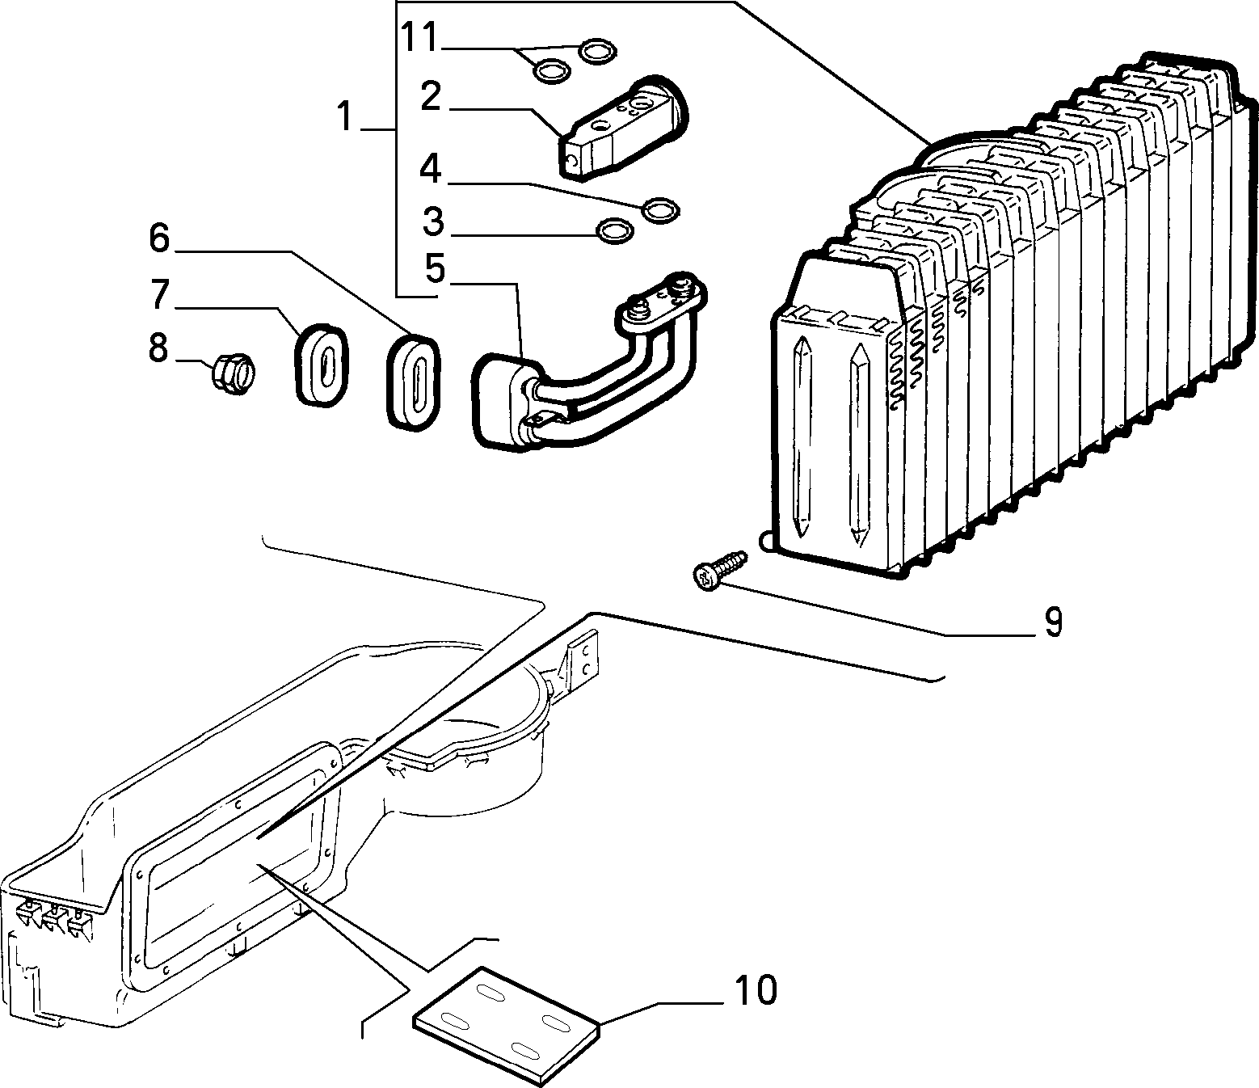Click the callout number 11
click(419, 38)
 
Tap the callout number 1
click(345, 116)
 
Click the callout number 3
click(433, 221)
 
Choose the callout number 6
click(159, 240)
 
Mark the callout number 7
click(159, 295)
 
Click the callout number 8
click(158, 349)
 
